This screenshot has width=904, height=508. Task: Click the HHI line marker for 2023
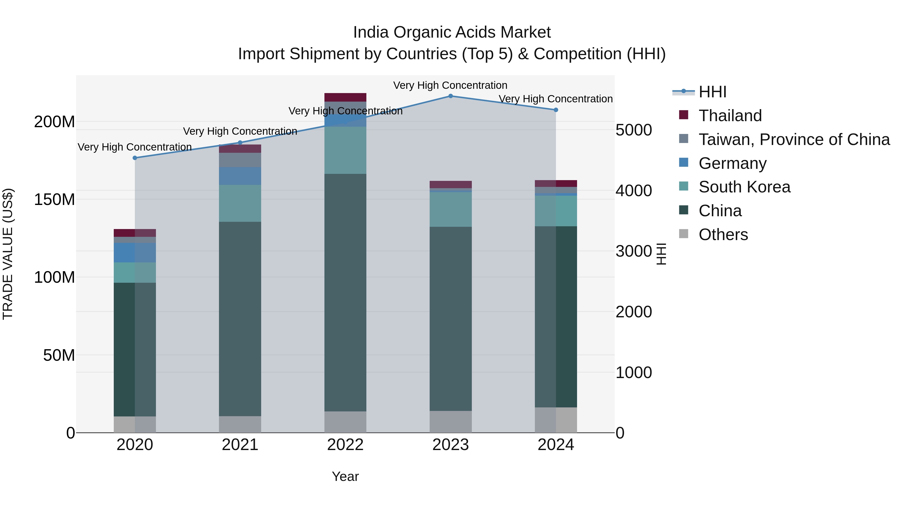tap(450, 96)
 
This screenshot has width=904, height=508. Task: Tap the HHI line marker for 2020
tap(135, 158)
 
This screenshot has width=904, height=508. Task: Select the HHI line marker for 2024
tap(556, 110)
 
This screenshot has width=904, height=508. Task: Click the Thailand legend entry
tap(730, 116)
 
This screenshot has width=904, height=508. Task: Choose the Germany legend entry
tap(732, 163)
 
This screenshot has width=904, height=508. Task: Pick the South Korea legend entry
tap(744, 187)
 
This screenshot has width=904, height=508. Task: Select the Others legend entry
tap(723, 235)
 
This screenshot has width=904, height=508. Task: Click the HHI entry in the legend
tap(712, 92)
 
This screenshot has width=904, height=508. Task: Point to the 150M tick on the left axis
tap(54, 199)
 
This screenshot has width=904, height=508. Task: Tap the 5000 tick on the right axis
tap(634, 130)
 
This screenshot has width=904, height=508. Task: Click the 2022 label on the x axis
tap(345, 445)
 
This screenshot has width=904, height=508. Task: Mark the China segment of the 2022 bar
tap(345, 293)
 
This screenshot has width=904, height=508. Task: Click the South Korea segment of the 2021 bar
tap(240, 203)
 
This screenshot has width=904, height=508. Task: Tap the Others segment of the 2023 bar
tap(450, 421)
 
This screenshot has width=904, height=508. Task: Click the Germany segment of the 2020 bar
tap(135, 252)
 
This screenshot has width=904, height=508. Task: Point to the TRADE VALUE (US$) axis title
tap(8, 254)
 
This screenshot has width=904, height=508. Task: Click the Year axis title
tap(345, 476)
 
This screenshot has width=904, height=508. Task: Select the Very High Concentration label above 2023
tap(450, 85)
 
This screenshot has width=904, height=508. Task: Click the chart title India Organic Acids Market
tap(452, 32)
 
